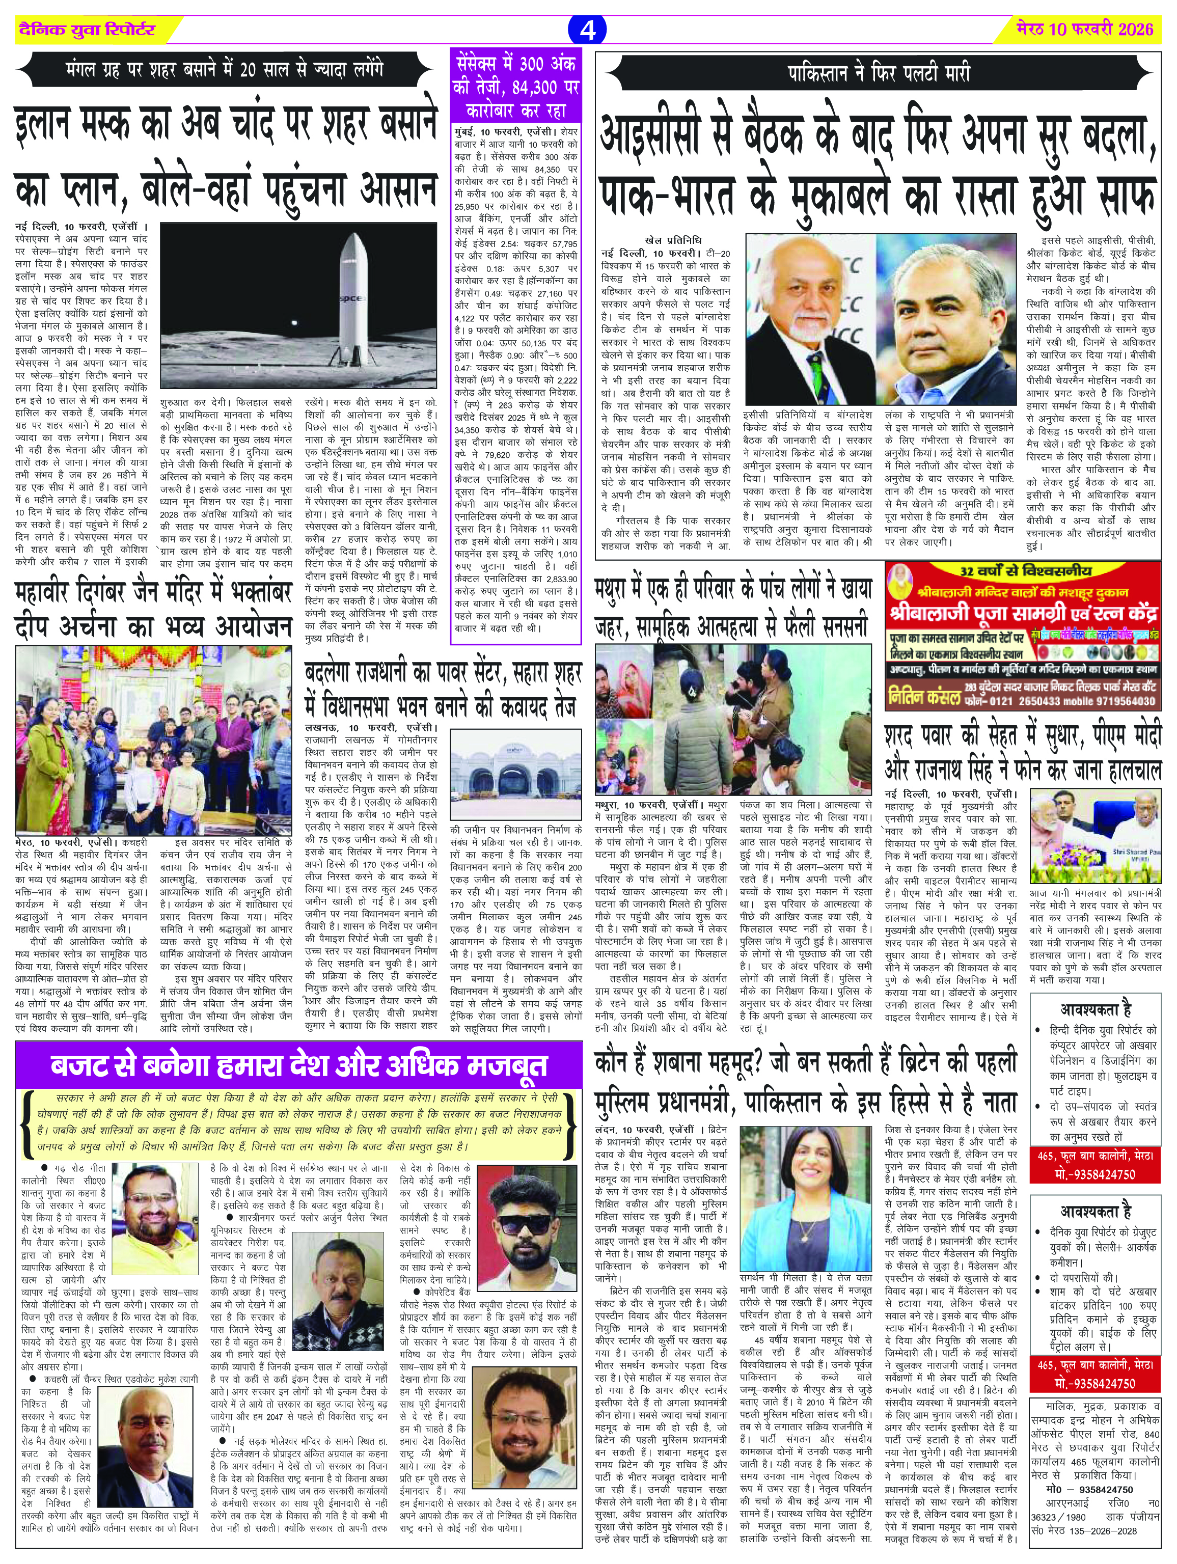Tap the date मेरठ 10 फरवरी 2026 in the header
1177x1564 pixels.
(x=1084, y=30)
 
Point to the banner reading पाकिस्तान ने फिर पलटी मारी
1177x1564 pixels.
(x=879, y=73)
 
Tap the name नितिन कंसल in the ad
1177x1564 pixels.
(x=923, y=697)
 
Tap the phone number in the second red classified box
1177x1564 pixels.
(x=1096, y=1384)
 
